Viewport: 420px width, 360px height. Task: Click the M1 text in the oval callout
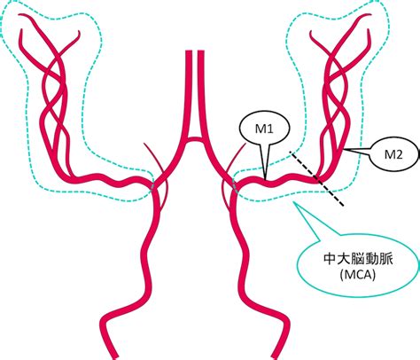(x=264, y=129)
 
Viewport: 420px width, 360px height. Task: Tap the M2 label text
(x=393, y=154)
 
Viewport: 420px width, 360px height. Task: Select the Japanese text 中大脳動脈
(x=358, y=259)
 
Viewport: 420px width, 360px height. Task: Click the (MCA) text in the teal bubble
(x=358, y=275)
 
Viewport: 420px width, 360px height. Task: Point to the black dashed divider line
(x=316, y=178)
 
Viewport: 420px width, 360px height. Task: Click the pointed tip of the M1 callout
(x=265, y=179)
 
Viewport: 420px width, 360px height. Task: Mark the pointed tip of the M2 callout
(x=344, y=150)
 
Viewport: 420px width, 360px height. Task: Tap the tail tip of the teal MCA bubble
(x=293, y=202)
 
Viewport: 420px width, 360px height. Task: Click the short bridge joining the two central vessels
(x=193, y=139)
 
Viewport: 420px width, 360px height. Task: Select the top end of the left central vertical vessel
(x=189, y=51)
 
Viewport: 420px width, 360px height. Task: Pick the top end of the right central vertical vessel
(x=201, y=51)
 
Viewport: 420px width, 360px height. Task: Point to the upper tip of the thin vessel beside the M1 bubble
(x=246, y=144)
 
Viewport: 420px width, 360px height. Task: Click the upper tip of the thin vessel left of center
(x=144, y=145)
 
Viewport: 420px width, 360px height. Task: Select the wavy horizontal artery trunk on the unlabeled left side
(x=109, y=179)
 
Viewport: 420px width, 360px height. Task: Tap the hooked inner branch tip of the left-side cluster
(x=79, y=33)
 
